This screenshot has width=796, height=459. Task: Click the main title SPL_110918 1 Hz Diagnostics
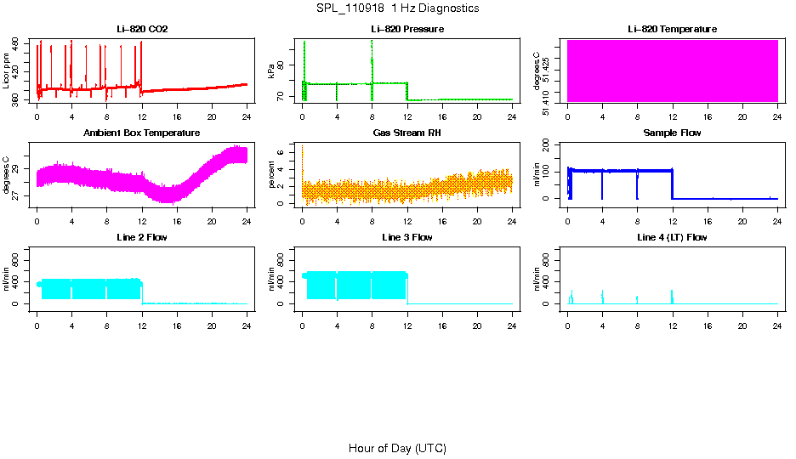click(x=397, y=8)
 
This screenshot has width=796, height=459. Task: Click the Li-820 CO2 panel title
click(x=142, y=30)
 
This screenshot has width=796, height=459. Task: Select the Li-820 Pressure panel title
click(x=407, y=30)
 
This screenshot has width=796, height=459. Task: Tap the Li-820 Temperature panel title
click(x=673, y=30)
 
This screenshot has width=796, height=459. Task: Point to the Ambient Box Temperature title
click(x=142, y=133)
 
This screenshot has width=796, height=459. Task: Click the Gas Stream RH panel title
click(x=407, y=133)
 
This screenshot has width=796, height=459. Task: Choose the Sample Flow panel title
click(x=673, y=133)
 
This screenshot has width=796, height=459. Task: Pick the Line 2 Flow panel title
click(x=142, y=237)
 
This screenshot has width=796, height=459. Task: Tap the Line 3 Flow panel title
click(x=407, y=237)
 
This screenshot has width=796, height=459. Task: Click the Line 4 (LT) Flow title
click(x=673, y=237)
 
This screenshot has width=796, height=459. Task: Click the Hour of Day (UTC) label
click(x=397, y=448)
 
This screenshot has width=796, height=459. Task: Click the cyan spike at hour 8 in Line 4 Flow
click(x=637, y=299)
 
